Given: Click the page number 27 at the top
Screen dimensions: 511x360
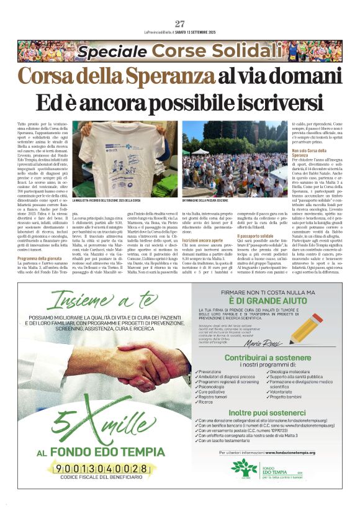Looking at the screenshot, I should [180, 24].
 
